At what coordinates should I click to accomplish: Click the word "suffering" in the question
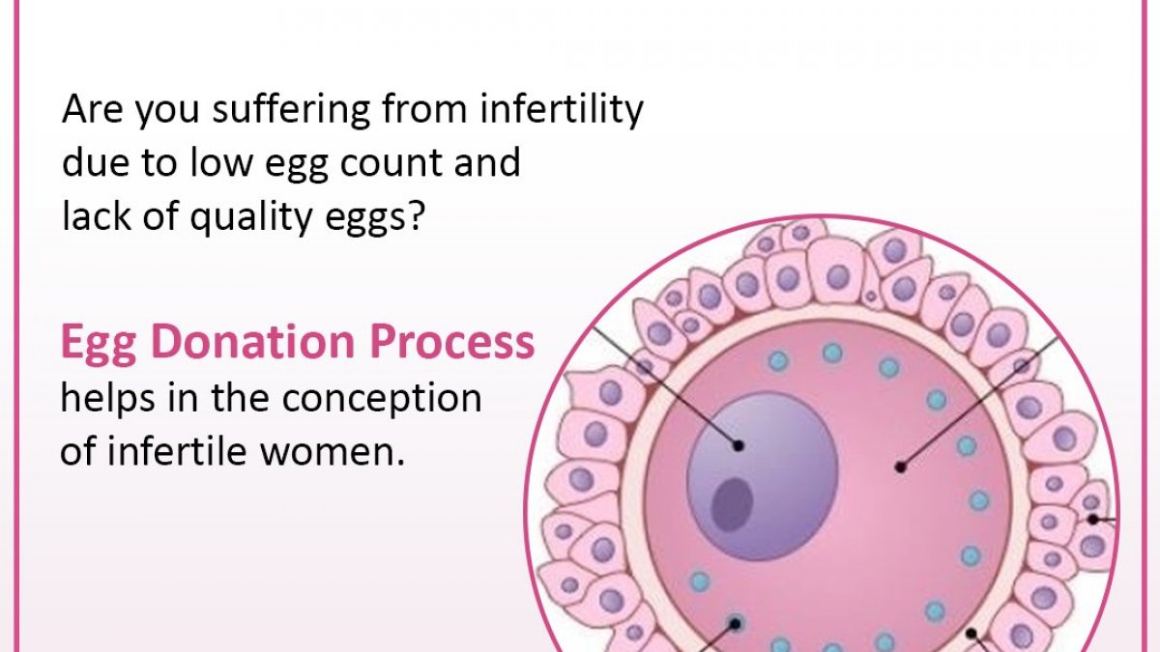pyautogui.click(x=291, y=110)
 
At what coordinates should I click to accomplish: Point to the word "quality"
pyautogui.click(x=251, y=216)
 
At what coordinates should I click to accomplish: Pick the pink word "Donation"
pyautogui.click(x=253, y=342)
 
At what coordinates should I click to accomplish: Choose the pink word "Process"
pyautogui.click(x=451, y=343)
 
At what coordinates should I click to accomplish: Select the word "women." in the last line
pyautogui.click(x=332, y=452)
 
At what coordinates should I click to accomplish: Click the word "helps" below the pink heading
pyautogui.click(x=107, y=398)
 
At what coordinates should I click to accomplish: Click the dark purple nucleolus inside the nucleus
pyautogui.click(x=731, y=504)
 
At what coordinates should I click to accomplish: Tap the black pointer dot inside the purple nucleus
pyautogui.click(x=739, y=445)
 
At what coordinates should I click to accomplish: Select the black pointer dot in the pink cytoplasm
pyautogui.click(x=901, y=468)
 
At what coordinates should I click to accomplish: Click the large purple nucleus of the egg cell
pyautogui.click(x=763, y=476)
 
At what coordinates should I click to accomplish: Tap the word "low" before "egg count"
pyautogui.click(x=221, y=161)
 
